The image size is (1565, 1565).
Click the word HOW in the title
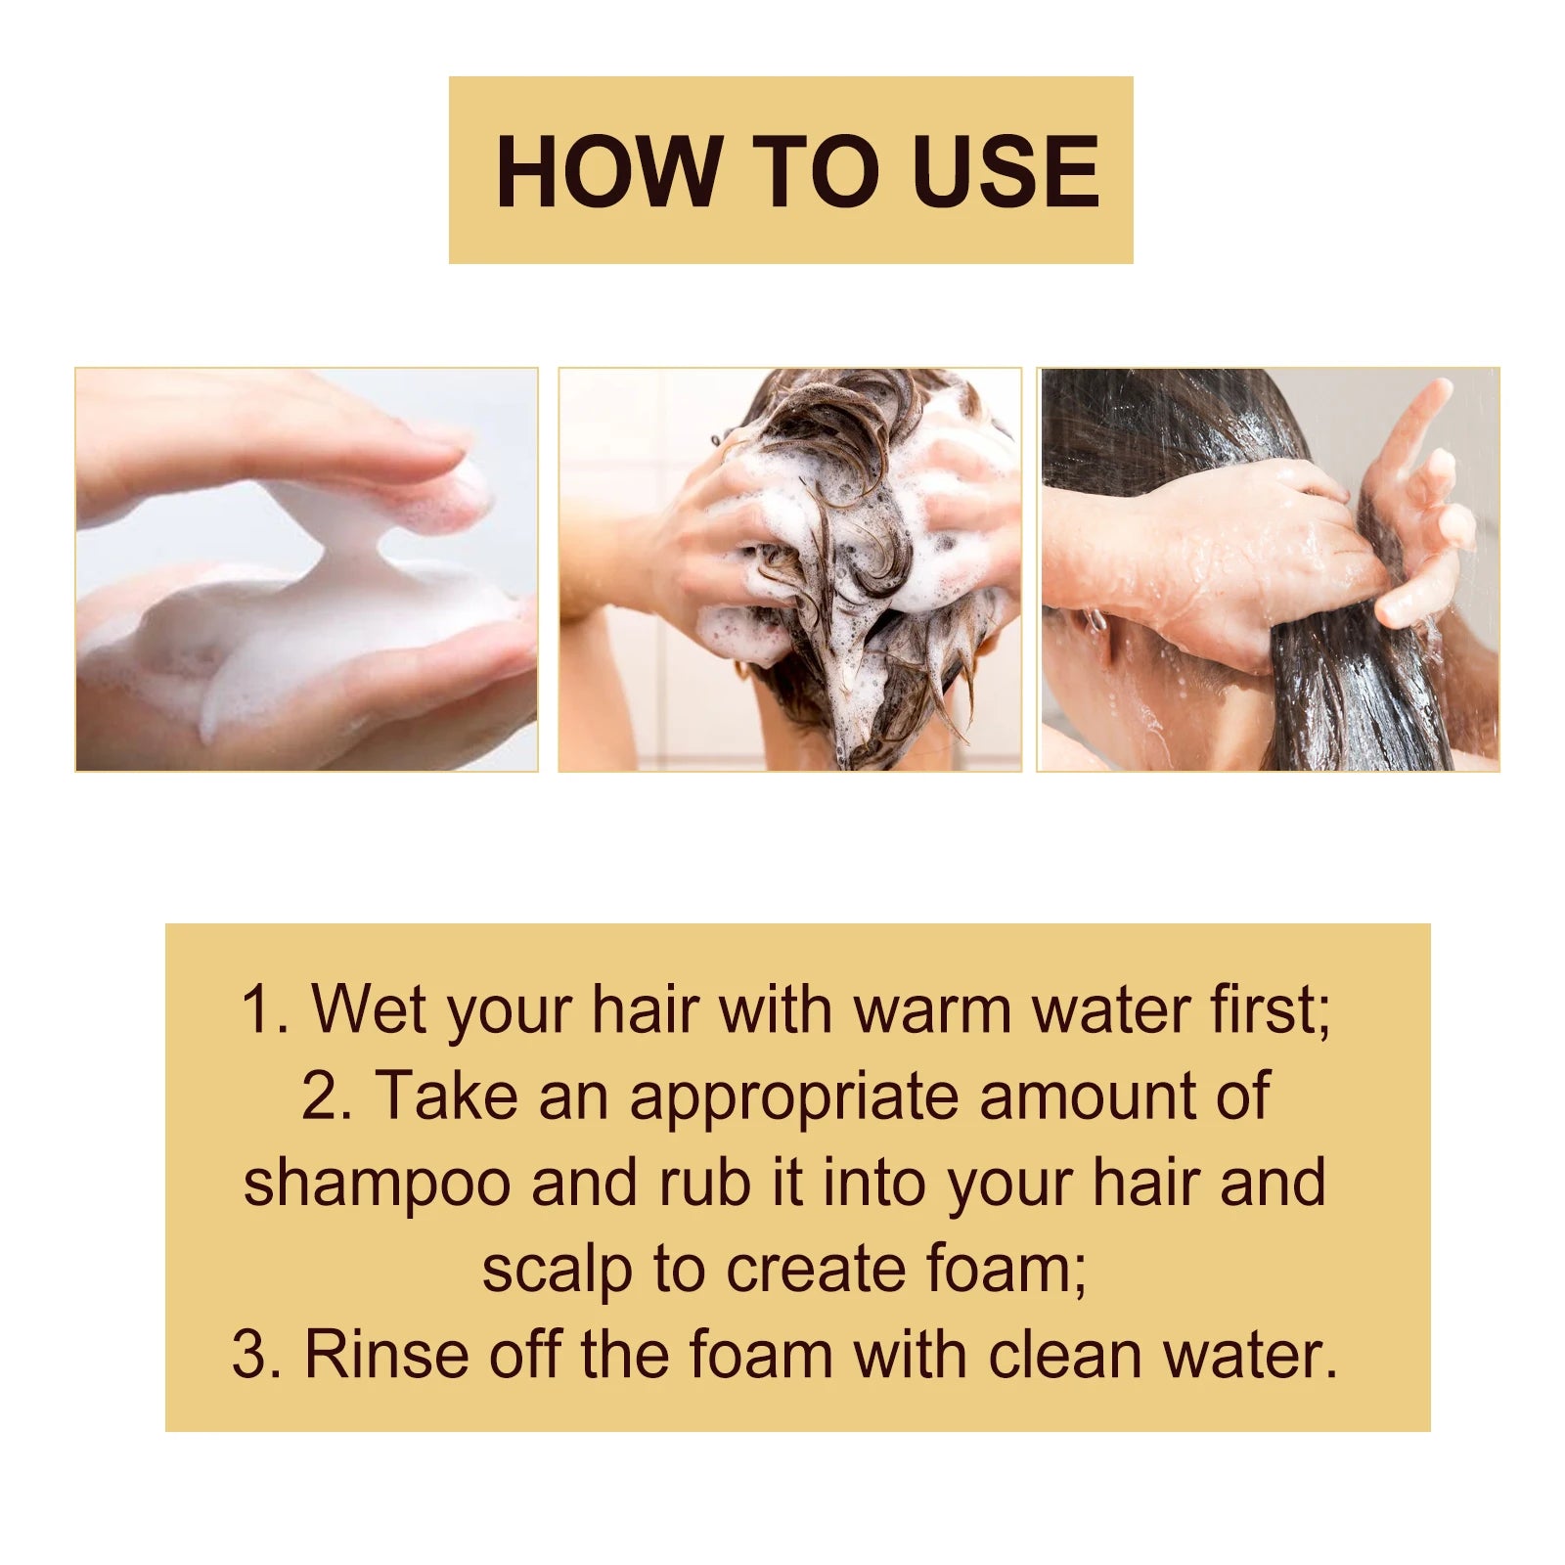(x=607, y=171)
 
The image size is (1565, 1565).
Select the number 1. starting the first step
(x=265, y=1008)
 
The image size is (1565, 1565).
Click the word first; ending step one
(x=1271, y=1008)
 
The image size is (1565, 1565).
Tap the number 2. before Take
(x=327, y=1095)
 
